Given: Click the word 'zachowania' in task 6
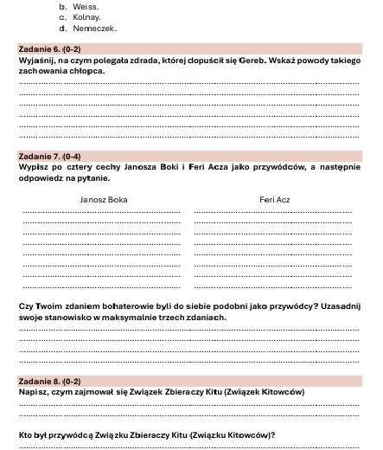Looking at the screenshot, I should [x=41, y=71].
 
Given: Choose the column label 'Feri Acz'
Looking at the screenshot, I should [x=274, y=200].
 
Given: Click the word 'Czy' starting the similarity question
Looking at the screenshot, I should [x=25, y=307].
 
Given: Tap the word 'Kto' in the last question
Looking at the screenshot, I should [x=25, y=434].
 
